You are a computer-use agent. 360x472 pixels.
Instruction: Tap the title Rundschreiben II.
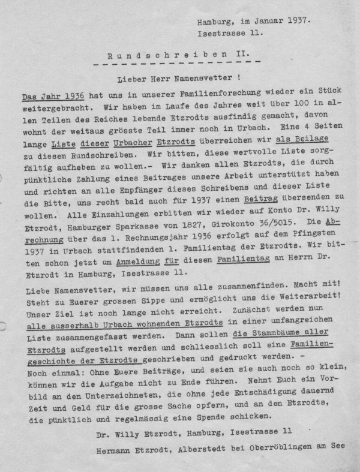[x=179, y=55]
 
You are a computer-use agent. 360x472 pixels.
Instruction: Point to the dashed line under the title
[x=179, y=64]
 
